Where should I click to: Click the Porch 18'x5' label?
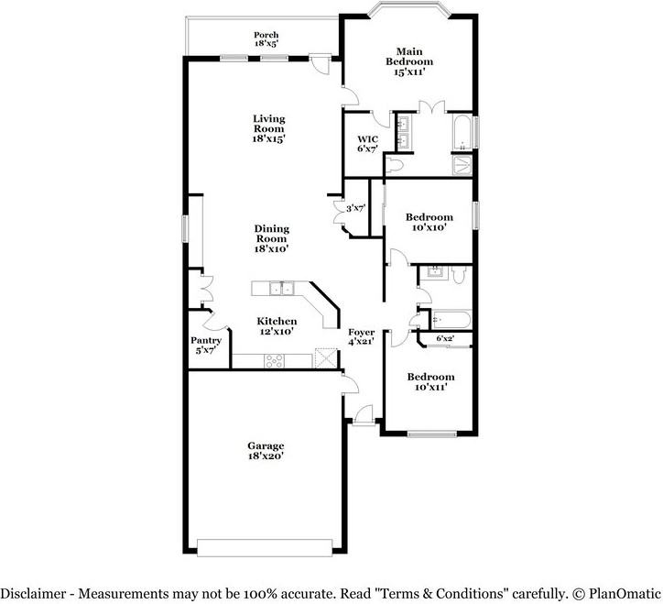pyautogui.click(x=266, y=38)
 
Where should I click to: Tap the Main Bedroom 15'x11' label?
pyautogui.click(x=408, y=61)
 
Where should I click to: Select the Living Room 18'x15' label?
pyautogui.click(x=269, y=128)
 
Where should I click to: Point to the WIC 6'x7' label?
pyautogui.click(x=367, y=144)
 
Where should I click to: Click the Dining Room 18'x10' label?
pyautogui.click(x=271, y=238)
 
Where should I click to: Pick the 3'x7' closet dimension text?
pyautogui.click(x=355, y=208)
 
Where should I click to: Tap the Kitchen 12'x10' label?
pyautogui.click(x=277, y=326)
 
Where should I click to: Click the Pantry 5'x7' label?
pyautogui.click(x=206, y=345)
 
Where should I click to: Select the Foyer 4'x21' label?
pyautogui.click(x=361, y=337)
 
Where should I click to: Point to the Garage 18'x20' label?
pyautogui.click(x=266, y=450)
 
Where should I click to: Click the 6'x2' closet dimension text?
pyautogui.click(x=445, y=338)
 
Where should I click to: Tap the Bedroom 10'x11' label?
pyautogui.click(x=431, y=382)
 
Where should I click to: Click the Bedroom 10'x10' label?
pyautogui.click(x=429, y=222)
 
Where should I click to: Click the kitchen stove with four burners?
pyautogui.click(x=275, y=361)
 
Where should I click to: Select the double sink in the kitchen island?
pyautogui.click(x=282, y=288)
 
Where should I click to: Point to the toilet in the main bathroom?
pyautogui.click(x=394, y=165)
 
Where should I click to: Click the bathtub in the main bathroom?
pyautogui.click(x=462, y=131)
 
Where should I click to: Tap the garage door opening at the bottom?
pyautogui.click(x=265, y=548)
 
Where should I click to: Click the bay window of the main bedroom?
pyautogui.click(x=408, y=9)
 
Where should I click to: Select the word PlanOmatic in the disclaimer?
pyautogui.click(x=625, y=593)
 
